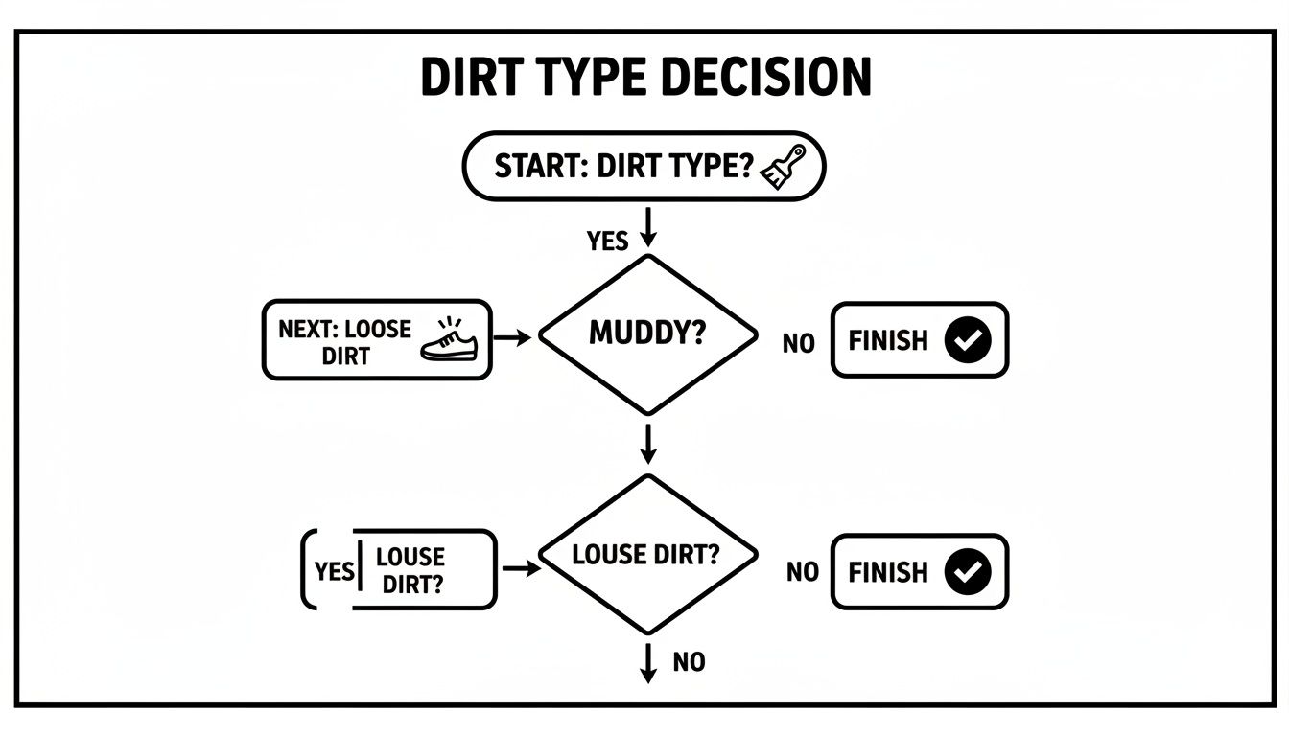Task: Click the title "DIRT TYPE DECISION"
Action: pos(645,78)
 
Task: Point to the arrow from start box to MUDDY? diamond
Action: pos(648,225)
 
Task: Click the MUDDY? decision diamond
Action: pos(647,334)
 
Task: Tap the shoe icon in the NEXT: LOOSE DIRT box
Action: pos(450,341)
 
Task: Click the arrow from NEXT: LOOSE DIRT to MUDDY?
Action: pos(514,338)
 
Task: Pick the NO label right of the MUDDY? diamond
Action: pos(798,342)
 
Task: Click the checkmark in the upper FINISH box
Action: pos(967,340)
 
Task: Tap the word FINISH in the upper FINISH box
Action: pos(888,340)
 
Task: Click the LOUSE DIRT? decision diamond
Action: pos(647,555)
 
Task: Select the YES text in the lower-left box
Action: pos(334,571)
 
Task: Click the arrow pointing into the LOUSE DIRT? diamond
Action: pos(521,568)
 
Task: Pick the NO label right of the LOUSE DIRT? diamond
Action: pos(802,572)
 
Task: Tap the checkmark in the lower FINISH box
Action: pos(968,571)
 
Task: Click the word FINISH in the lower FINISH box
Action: pos(888,572)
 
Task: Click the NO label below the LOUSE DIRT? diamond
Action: pos(689,661)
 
